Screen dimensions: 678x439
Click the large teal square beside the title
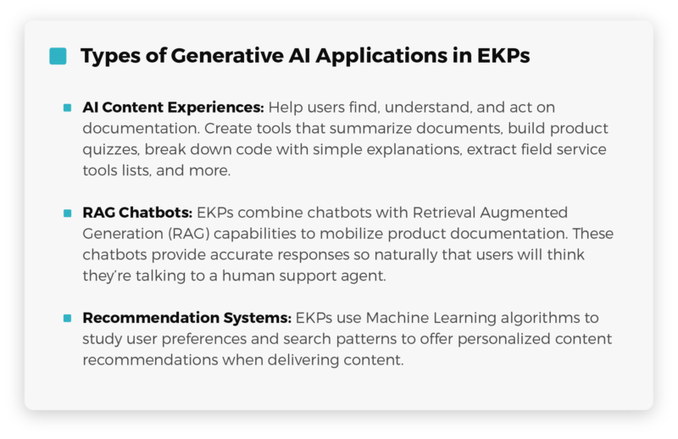[x=58, y=56]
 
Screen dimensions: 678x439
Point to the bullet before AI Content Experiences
[x=68, y=108]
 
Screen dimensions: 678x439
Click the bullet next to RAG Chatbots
[x=68, y=213]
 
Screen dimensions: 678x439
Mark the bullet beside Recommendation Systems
[x=68, y=318]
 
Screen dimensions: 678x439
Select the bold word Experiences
[x=215, y=108]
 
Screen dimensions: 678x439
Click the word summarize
[x=371, y=129]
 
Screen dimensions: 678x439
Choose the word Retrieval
[x=444, y=213]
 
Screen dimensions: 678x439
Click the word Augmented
[x=524, y=214]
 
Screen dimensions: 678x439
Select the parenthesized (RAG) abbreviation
[x=189, y=234]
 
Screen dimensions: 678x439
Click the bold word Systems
[x=258, y=319]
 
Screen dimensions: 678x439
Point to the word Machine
[x=397, y=318]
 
